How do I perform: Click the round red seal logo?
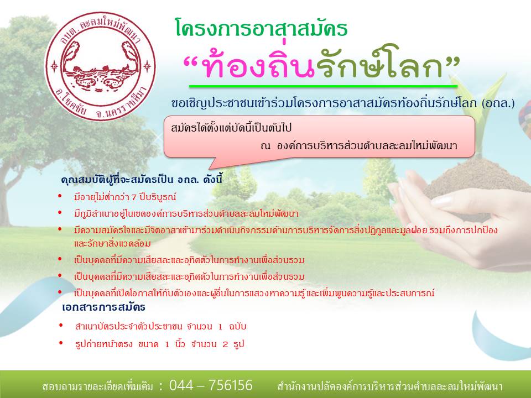[x=101, y=66]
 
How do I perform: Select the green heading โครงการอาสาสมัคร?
[x=262, y=28]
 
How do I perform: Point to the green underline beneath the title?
[x=323, y=86]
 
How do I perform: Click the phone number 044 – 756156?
[x=211, y=385]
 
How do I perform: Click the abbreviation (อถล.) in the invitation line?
[x=498, y=103]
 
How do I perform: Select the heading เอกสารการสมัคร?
[x=103, y=307]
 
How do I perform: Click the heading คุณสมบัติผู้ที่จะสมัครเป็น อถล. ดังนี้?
[x=142, y=179]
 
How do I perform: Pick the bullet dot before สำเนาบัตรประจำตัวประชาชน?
[x=61, y=326]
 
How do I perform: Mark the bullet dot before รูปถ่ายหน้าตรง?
[x=61, y=343]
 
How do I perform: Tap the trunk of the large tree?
[x=7, y=196]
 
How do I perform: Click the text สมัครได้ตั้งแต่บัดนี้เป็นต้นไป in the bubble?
[x=231, y=128]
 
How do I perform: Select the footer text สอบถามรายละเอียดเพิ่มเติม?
[x=97, y=386]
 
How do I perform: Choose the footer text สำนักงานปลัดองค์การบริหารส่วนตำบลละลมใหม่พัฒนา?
[x=390, y=386]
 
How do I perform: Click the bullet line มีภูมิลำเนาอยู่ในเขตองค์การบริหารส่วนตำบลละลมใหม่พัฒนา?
[x=186, y=214]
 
